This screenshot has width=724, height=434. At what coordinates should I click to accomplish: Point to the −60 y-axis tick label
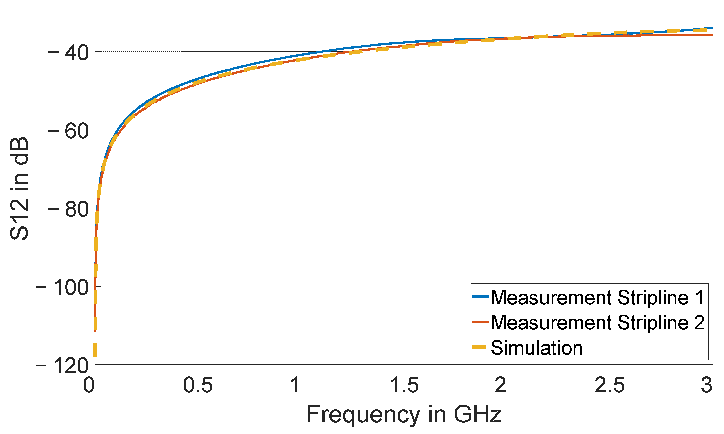coord(69,131)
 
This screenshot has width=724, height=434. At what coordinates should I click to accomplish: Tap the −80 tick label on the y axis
coord(69,210)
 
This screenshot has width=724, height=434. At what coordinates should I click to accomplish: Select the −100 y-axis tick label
coord(62,288)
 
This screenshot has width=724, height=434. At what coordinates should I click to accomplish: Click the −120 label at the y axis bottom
coord(62,366)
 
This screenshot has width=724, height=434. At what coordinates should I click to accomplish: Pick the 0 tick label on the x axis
coord(89,385)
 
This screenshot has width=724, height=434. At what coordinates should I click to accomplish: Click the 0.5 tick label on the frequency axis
coord(198,385)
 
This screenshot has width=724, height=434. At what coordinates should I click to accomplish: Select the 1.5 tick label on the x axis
coord(404,385)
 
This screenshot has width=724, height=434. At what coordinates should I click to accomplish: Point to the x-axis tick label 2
coord(501,385)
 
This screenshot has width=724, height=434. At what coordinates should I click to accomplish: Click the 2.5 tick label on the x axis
coord(610,385)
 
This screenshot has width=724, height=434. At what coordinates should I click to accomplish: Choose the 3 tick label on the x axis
coord(706,385)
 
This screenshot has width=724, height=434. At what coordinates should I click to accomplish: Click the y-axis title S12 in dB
coord(19,189)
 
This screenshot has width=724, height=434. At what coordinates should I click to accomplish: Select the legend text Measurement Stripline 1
coord(597,298)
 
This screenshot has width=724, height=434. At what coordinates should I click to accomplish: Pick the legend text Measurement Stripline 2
coord(597,323)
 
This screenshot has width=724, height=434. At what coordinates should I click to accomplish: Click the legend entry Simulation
coord(536,348)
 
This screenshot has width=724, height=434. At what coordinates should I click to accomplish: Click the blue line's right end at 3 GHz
coord(712,28)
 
